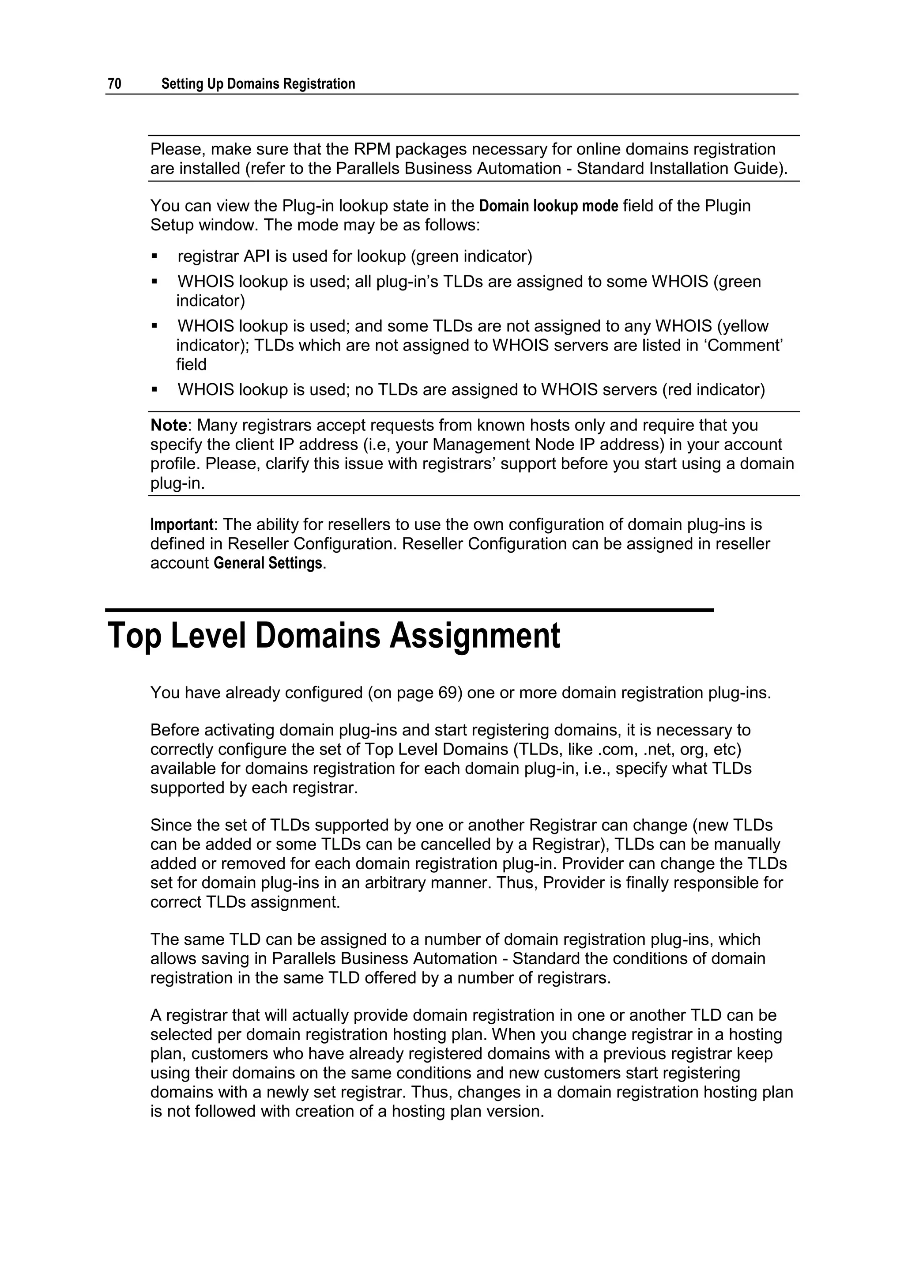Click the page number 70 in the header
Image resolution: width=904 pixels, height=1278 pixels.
[114, 84]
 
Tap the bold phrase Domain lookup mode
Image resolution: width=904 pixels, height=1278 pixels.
[548, 206]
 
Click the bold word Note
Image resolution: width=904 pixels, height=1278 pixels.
[169, 425]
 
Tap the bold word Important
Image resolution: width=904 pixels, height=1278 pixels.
[181, 524]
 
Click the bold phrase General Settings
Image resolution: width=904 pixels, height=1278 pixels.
[268, 563]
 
